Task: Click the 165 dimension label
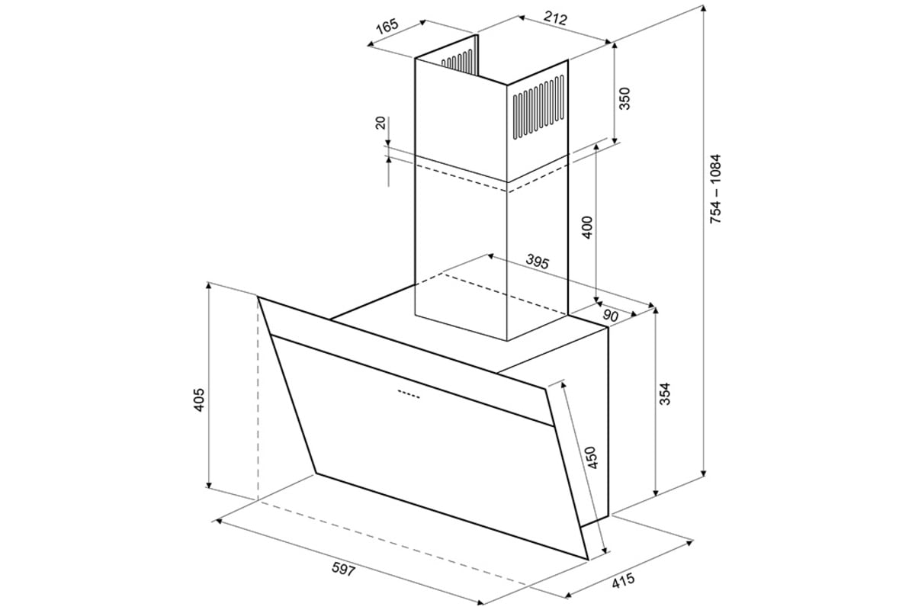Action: pyautogui.click(x=387, y=26)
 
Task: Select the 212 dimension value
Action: pyautogui.click(x=556, y=18)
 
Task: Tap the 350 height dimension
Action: pyautogui.click(x=624, y=98)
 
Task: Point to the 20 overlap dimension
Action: pyautogui.click(x=380, y=123)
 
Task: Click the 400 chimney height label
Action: pyautogui.click(x=587, y=227)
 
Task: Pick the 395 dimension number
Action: pyautogui.click(x=537, y=262)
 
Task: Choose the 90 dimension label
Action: pyautogui.click(x=610, y=316)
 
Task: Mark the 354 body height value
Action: pyautogui.click(x=666, y=393)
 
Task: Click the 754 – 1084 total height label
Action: pyautogui.click(x=716, y=189)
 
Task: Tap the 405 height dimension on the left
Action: pyautogui.click(x=198, y=400)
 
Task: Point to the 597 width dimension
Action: pyautogui.click(x=344, y=569)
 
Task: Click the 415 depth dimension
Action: pyautogui.click(x=624, y=580)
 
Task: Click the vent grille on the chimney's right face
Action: pyautogui.click(x=539, y=107)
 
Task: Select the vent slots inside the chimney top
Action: pyautogui.click(x=458, y=59)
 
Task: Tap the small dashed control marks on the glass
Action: pyautogui.click(x=409, y=394)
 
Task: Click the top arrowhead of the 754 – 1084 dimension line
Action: pyautogui.click(x=703, y=9)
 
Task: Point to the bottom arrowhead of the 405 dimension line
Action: pyautogui.click(x=209, y=484)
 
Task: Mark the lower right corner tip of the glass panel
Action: pyautogui.click(x=588, y=560)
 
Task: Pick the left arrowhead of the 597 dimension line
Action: pyautogui.click(x=219, y=521)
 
